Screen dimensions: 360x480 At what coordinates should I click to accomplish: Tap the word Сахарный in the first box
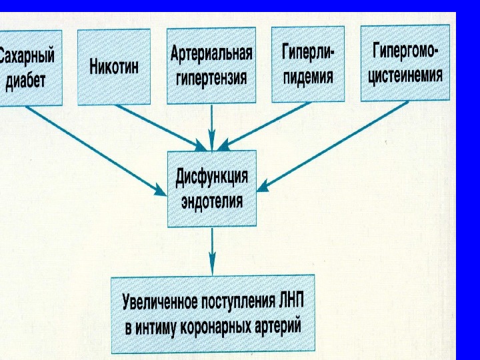tap(27, 55)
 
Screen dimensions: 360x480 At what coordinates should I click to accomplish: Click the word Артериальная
tap(211, 53)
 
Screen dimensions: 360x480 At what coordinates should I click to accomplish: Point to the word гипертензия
tap(211, 78)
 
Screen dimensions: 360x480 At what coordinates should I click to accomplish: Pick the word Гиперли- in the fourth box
tap(308, 52)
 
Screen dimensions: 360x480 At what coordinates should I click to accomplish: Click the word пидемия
tap(308, 76)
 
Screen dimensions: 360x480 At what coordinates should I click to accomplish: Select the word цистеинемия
tap(407, 75)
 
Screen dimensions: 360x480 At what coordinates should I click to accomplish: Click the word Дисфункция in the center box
tap(212, 177)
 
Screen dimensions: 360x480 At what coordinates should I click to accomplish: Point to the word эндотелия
tap(212, 201)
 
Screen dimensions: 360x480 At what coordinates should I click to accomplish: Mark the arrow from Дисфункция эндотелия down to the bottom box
tap(212, 250)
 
